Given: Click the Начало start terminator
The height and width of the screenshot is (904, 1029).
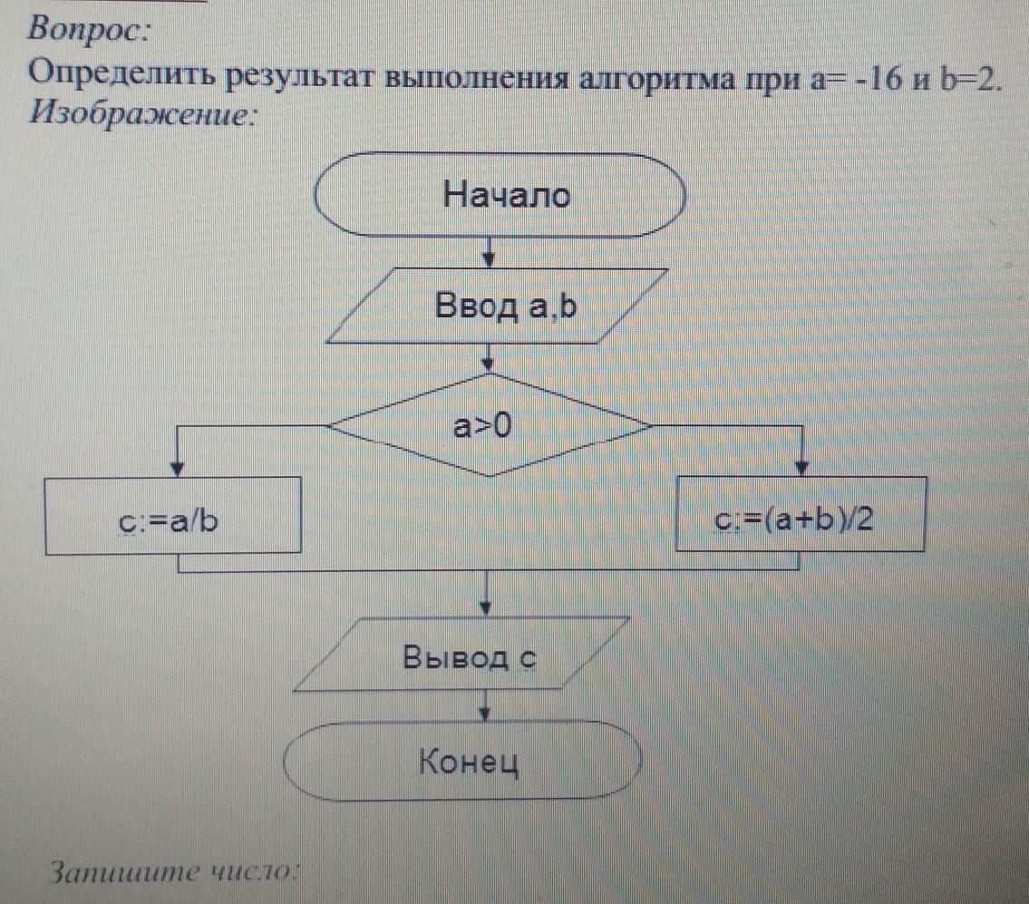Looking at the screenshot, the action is click(500, 195).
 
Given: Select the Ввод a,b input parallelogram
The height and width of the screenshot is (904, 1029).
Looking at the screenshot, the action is click(497, 306).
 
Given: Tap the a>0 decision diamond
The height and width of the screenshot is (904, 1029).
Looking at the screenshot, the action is click(489, 424).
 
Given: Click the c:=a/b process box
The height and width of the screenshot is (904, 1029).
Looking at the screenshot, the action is click(173, 515).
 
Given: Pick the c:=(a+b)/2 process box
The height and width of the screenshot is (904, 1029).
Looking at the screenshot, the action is click(801, 514).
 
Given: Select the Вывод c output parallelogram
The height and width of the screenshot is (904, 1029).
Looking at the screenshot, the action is click(461, 654).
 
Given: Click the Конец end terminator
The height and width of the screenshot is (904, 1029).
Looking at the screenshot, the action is click(462, 761).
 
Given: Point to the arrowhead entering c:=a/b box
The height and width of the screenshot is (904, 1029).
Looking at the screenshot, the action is click(177, 469).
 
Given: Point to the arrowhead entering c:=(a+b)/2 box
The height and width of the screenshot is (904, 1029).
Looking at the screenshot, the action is click(801, 468).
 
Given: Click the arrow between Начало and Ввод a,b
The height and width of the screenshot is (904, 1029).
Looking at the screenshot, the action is click(489, 253).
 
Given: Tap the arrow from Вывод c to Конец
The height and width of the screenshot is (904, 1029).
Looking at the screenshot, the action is click(485, 706).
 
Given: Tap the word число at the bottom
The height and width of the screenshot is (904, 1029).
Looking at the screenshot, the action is click(254, 871).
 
